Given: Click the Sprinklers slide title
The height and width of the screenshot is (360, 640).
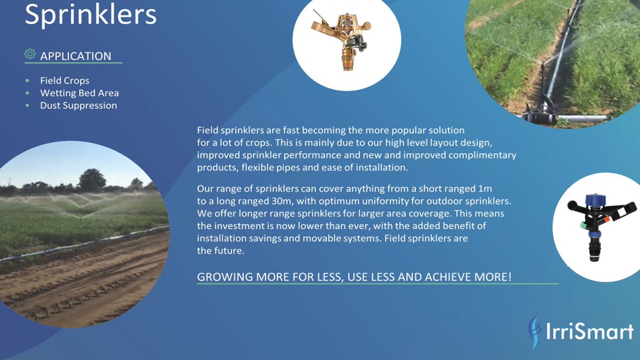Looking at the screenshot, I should pyautogui.click(x=91, y=14).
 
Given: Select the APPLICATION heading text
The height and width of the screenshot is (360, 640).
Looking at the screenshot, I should pyautogui.click(x=76, y=56).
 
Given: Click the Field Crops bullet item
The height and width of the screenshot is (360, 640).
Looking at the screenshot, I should pyautogui.click(x=65, y=81).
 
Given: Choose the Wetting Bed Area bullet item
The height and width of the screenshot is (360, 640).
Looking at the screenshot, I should pyautogui.click(x=79, y=93).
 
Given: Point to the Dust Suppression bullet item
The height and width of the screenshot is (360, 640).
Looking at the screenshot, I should pyautogui.click(x=78, y=105).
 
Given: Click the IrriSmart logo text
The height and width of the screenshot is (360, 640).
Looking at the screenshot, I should pyautogui.click(x=590, y=331).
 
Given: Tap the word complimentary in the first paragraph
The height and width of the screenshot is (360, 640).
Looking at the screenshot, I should pyautogui.click(x=482, y=155).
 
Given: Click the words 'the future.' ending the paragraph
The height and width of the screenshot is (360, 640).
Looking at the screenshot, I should pyautogui.click(x=221, y=251).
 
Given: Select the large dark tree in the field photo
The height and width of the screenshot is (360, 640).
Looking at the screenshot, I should pyautogui.click(x=92, y=180).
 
